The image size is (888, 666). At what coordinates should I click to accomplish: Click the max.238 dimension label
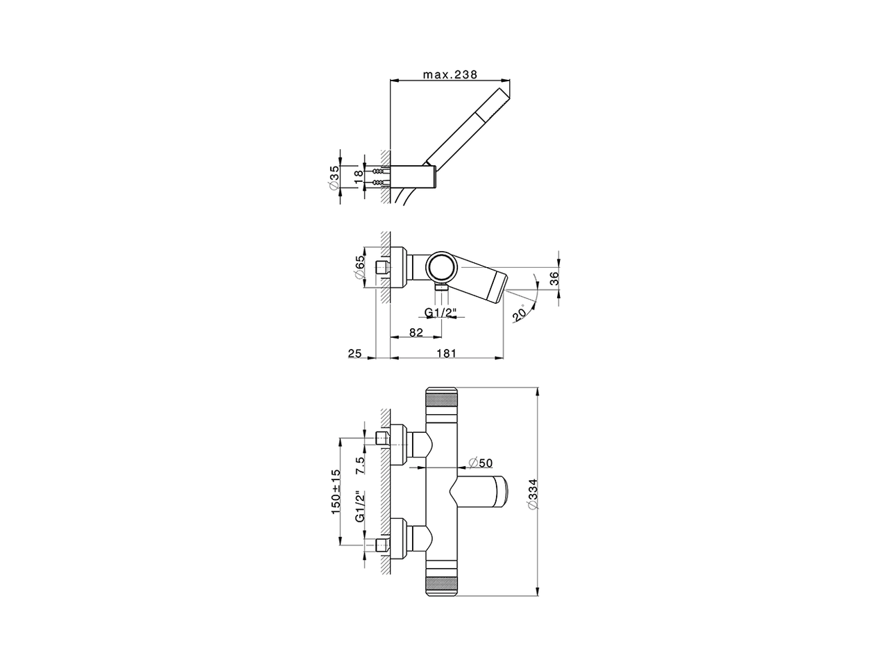click(x=450, y=75)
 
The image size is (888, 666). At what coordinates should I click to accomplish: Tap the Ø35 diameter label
click(x=334, y=177)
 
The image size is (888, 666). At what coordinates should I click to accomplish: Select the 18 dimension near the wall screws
click(x=359, y=177)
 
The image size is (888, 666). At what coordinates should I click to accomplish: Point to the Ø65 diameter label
click(x=359, y=267)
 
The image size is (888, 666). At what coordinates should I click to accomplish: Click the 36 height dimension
click(x=554, y=278)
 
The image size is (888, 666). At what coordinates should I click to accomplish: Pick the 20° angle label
click(x=520, y=313)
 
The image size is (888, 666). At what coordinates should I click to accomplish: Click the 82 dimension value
click(x=416, y=332)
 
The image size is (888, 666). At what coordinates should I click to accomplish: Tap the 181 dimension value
click(x=447, y=353)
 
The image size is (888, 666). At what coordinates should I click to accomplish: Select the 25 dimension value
click(x=355, y=353)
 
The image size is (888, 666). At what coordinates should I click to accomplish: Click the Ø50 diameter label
click(x=480, y=462)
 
